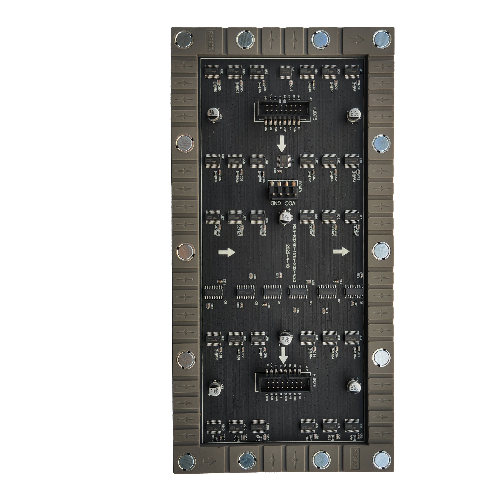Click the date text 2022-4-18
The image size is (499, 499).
pos(288,256)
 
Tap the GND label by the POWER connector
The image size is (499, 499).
pos(276,203)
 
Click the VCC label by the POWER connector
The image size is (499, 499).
pos(290,203)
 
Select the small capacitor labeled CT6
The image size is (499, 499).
pos(295,310)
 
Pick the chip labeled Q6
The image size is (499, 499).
pos(213,292)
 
